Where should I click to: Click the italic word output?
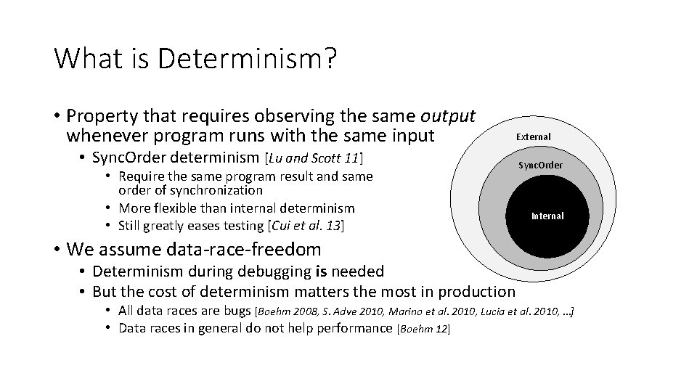click(x=447, y=116)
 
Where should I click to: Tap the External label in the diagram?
click(x=533, y=136)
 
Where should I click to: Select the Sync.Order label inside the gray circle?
click(x=540, y=165)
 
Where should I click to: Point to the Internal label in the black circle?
click(x=547, y=216)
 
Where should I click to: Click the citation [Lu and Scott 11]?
click(x=314, y=158)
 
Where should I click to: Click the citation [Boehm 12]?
click(x=423, y=329)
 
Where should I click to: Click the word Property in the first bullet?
click(x=97, y=116)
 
